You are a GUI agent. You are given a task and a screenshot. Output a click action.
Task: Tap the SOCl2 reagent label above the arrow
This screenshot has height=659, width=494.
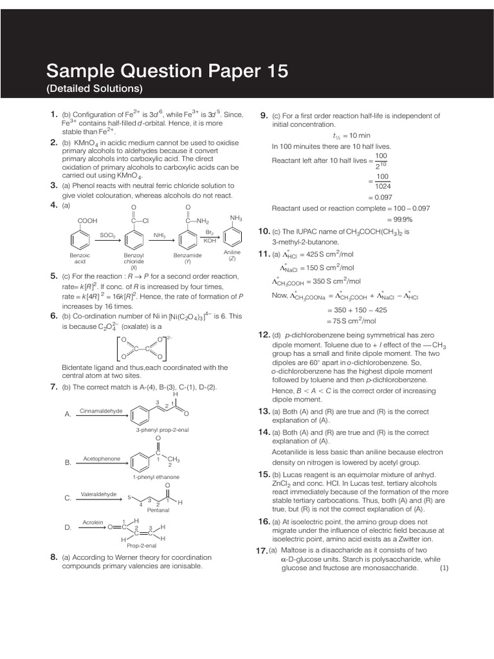coord(107,236)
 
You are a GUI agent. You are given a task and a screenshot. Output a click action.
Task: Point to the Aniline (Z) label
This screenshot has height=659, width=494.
coord(232,255)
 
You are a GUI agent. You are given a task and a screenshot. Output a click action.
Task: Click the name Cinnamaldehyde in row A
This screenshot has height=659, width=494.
coord(101,410)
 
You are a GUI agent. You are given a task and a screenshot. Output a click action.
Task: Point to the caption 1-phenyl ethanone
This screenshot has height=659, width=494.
coord(156,477)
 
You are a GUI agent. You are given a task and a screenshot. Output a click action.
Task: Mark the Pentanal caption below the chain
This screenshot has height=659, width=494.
coord(158,510)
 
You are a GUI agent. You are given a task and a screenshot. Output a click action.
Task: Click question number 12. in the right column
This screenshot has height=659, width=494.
coord(264,335)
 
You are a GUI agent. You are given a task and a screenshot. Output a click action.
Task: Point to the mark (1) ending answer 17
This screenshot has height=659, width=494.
coord(444,568)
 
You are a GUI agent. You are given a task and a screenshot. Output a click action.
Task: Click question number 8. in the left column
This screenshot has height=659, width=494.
coord(54,557)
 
